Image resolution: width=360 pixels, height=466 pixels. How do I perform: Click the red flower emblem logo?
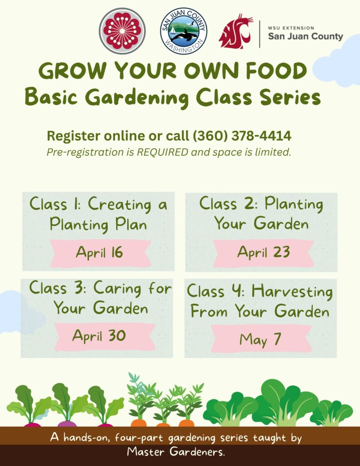122,31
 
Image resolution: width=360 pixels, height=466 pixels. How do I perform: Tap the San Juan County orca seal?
184,31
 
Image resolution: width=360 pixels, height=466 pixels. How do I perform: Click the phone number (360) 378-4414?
242,136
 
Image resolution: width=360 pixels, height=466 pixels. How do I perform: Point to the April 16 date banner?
100,252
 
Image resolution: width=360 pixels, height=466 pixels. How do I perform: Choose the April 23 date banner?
263,252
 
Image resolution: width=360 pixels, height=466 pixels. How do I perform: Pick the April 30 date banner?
99,336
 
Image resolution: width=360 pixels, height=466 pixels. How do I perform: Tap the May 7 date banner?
260,339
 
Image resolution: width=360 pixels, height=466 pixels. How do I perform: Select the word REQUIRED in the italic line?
166,152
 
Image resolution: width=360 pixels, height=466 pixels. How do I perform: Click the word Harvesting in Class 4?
292,291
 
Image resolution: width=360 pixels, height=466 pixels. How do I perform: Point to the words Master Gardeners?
176,452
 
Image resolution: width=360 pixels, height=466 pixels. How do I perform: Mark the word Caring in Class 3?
119,288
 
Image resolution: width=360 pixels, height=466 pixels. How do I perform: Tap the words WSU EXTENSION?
291,28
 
